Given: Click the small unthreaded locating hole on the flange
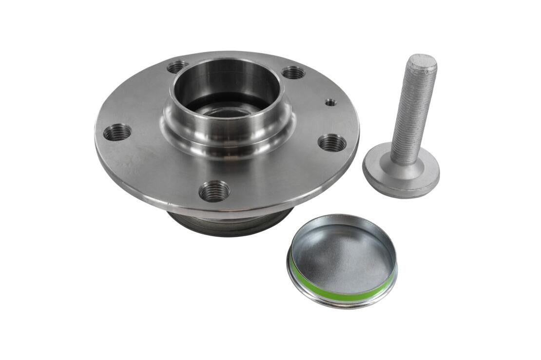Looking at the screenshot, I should point(330,102).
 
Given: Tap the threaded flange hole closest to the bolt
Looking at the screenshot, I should point(332,143).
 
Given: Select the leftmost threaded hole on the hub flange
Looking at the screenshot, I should point(117,132).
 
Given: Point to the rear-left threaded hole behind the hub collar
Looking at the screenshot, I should point(178,67).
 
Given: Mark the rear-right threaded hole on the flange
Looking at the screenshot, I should point(293,73).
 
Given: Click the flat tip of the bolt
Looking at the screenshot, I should point(422,62).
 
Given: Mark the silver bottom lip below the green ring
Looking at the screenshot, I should point(341,302).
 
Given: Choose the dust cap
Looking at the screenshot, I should point(342,261).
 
